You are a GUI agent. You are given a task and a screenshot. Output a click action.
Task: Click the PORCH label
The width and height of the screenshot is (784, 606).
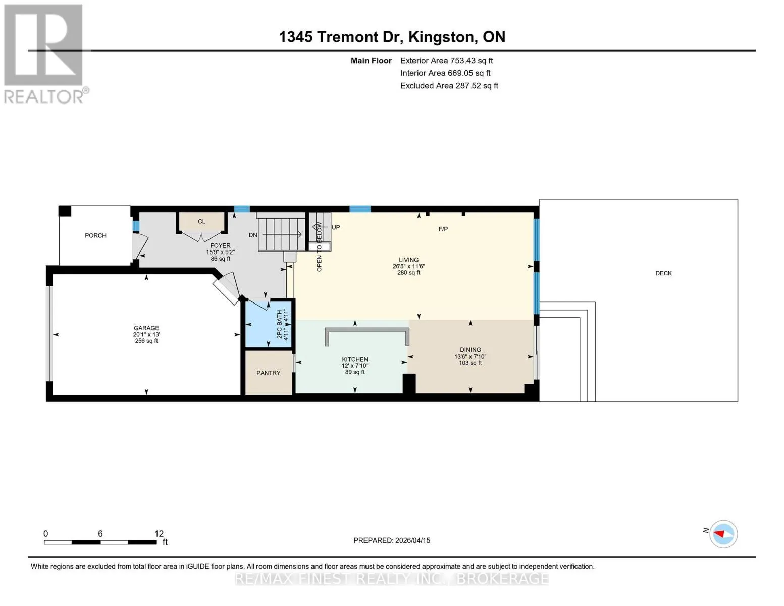(95, 236)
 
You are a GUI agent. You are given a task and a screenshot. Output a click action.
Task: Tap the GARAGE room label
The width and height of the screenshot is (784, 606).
(146, 328)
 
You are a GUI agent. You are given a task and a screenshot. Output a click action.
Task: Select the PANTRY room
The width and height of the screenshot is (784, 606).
(269, 373)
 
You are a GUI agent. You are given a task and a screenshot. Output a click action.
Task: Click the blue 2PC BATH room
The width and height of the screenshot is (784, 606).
(269, 324)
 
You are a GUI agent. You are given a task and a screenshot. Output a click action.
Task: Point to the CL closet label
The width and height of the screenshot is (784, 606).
(202, 222)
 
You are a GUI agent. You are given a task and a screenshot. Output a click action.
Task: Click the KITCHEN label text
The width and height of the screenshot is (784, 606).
(355, 359)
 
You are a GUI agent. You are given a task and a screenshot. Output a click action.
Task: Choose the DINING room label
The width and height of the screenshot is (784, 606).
(471, 350)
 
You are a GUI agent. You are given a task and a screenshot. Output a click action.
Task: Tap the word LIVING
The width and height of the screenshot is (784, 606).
(409, 260)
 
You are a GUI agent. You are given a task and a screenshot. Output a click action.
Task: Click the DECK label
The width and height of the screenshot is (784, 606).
(664, 273)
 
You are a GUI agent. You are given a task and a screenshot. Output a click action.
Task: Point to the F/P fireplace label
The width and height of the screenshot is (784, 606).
(443, 229)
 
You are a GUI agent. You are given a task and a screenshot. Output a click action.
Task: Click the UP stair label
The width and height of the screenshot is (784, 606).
(336, 227)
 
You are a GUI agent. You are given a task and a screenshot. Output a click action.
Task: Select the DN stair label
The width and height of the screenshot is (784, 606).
(253, 235)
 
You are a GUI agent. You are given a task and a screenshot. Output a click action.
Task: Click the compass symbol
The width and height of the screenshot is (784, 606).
(723, 534)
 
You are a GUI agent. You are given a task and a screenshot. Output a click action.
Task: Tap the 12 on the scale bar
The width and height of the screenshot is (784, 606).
(159, 533)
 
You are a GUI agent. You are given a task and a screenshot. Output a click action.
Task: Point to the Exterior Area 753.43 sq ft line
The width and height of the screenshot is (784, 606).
(447, 61)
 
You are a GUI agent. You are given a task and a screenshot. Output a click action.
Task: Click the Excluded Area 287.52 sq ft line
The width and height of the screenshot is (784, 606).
(449, 86)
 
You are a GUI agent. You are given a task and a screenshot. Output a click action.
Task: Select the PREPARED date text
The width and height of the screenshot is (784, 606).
(392, 540)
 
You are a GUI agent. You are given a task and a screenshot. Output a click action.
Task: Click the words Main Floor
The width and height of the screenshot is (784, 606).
(371, 61)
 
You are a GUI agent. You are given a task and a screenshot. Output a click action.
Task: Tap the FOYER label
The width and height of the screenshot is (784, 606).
(221, 246)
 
